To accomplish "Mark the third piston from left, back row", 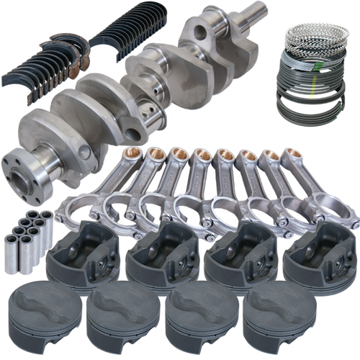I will coord(234,253).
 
